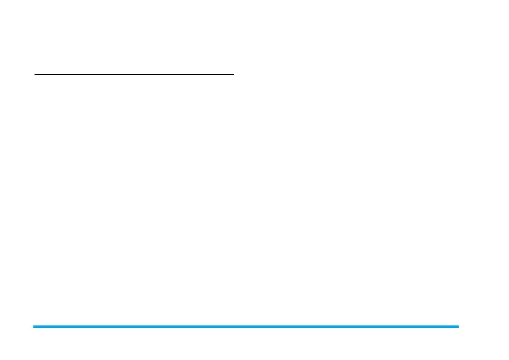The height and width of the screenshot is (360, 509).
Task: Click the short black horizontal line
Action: [134, 75]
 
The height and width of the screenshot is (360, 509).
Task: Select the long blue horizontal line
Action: [246, 327]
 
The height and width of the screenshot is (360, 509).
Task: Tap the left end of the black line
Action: [35, 75]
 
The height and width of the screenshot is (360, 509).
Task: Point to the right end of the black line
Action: [233, 75]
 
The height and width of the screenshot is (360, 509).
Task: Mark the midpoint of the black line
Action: [134, 75]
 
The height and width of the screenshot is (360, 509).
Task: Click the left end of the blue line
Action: [34, 327]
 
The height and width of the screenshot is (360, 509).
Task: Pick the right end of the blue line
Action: [458, 327]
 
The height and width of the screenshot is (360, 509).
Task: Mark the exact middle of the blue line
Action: [246, 327]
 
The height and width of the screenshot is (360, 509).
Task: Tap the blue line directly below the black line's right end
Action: [233, 327]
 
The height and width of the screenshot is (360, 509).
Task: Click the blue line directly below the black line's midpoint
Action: [134, 327]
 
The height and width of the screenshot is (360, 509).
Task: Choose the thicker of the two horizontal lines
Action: [246, 327]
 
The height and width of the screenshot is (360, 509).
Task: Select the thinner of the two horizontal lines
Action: [134, 75]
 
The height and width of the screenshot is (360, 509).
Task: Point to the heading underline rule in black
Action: [134, 75]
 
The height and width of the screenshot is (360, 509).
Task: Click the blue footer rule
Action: [246, 327]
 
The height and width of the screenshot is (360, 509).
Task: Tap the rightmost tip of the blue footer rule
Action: [458, 327]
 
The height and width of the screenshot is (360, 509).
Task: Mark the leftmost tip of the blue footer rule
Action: [34, 327]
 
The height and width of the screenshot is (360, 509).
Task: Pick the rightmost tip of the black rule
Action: [233, 75]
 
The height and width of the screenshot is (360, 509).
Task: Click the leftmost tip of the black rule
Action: [35, 75]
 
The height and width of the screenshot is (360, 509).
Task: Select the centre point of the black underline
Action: [134, 75]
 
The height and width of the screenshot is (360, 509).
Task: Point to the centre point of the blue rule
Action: [246, 327]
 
